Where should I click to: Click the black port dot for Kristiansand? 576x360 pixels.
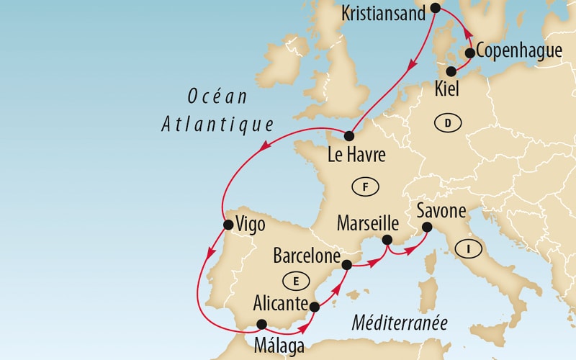coord(436,9)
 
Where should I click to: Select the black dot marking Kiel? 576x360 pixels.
coord(452,71)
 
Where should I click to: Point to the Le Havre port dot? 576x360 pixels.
coord(349,136)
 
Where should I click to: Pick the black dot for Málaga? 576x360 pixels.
coord(261,324)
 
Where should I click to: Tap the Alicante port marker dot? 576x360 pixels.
coord(314,307)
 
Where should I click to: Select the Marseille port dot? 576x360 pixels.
coord(387,240)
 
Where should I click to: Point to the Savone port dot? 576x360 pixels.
coord(426,228)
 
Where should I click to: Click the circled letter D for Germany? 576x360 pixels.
coord(447,124)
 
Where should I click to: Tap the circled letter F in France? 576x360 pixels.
coord(365,187)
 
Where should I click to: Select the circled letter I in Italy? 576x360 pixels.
coord(469,249)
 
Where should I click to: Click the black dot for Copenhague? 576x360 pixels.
coord(470,53)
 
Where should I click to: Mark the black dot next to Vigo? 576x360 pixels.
coord(228,225)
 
